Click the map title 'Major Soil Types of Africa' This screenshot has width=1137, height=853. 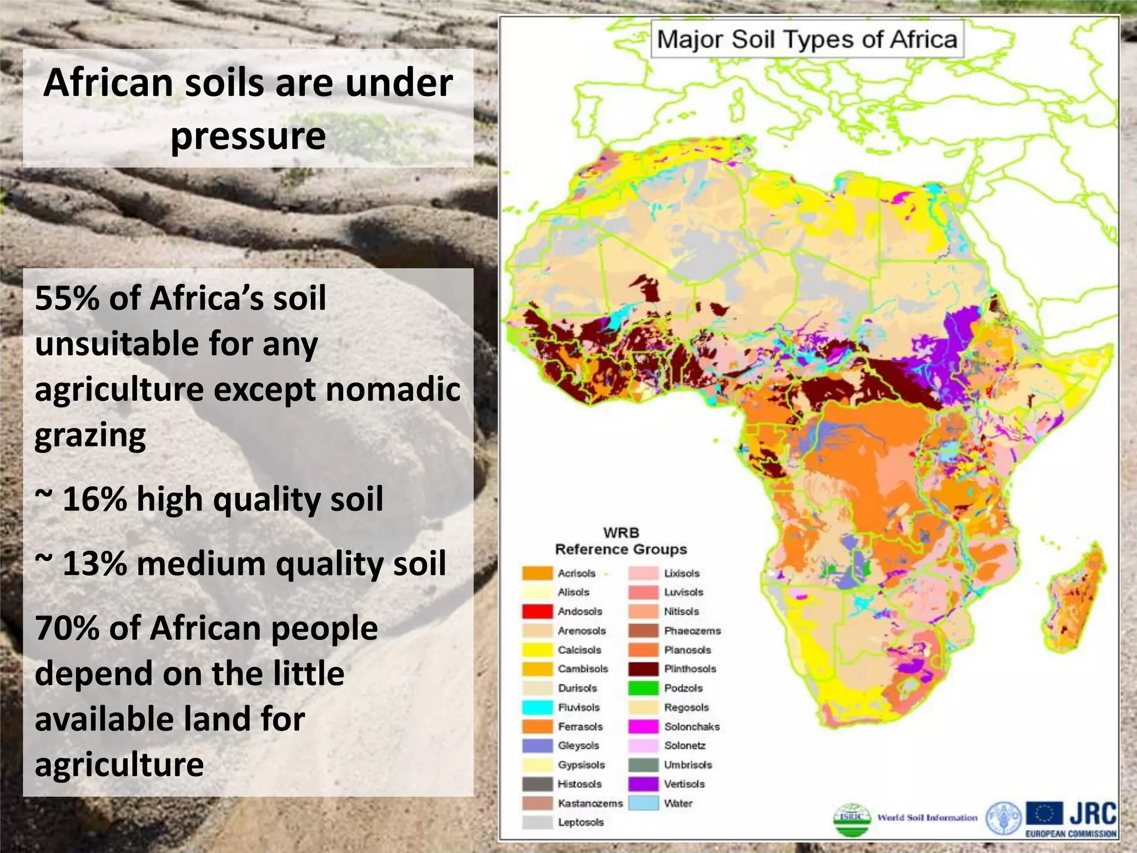tap(807, 39)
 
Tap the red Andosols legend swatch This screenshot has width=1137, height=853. tap(537, 611)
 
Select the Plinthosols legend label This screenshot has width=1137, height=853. tap(690, 669)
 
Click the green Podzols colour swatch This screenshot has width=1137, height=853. tap(643, 688)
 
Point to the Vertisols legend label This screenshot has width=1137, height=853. tap(685, 784)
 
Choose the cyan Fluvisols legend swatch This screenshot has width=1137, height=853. tap(537, 708)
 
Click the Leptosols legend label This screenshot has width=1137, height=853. tap(581, 822)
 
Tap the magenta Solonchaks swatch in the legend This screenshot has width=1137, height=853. tap(643, 726)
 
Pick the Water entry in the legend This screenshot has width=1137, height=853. tap(678, 803)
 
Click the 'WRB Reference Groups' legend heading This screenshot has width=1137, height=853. tap(621, 541)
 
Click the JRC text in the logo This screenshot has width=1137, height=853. tap(1093, 814)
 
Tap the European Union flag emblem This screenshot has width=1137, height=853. tap(1044, 814)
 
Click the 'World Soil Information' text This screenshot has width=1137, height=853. tap(927, 818)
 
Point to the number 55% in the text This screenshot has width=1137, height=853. tap(67, 298)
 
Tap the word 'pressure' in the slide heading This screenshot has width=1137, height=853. tap(248, 136)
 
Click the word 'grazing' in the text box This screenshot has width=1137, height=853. tap(90, 435)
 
